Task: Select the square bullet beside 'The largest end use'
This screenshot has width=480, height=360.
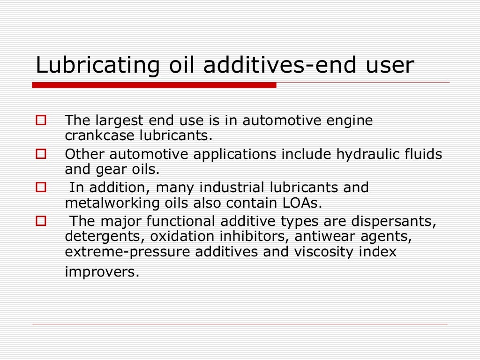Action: coord(41,120)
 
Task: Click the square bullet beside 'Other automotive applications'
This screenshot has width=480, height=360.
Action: coord(41,153)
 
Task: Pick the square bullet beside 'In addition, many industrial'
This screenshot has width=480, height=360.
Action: coord(41,187)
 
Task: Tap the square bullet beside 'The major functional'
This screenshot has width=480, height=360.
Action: coord(41,220)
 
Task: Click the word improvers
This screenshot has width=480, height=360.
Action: coord(102,272)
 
